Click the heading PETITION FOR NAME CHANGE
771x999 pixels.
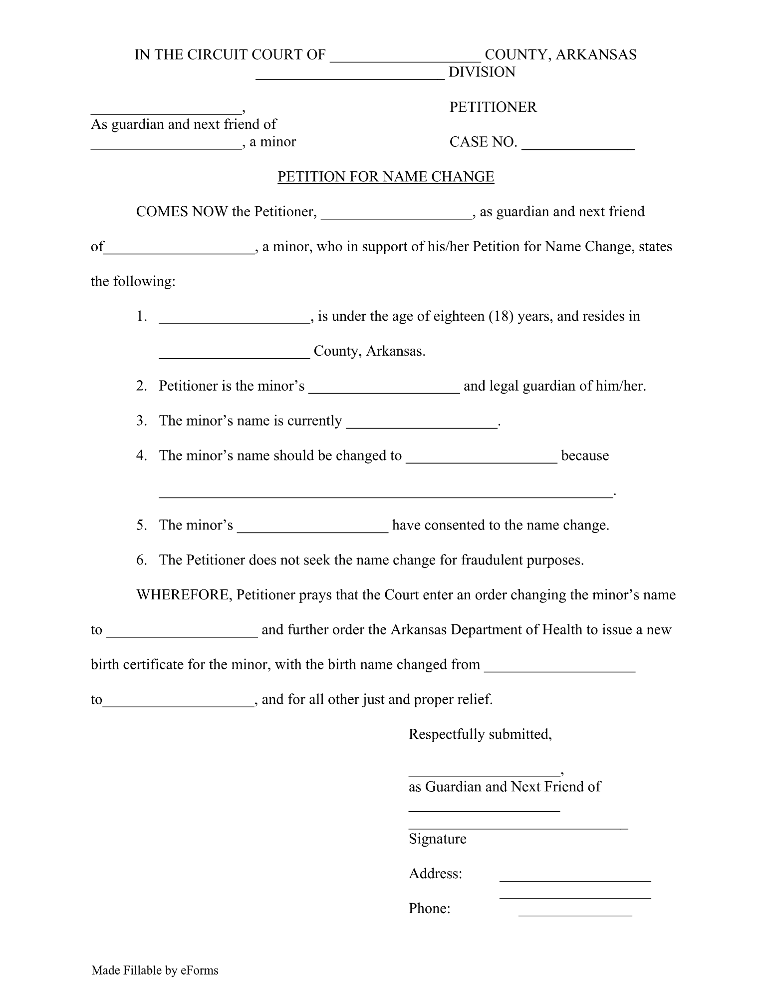[385, 177]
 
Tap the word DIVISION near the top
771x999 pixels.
[482, 72]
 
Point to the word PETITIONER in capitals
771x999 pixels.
[493, 107]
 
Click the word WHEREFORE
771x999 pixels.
[183, 595]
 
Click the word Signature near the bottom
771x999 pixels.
[437, 839]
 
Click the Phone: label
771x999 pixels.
[429, 909]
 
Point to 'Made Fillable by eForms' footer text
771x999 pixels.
[155, 971]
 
